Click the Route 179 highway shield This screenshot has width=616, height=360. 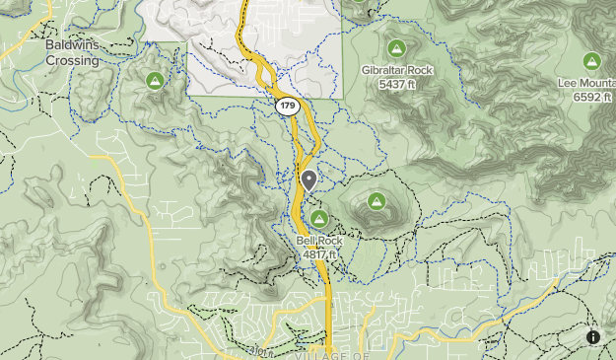pyautogui.click(x=287, y=106)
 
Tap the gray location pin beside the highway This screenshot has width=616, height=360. pyautogui.click(x=309, y=180)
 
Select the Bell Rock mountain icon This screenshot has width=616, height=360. pyautogui.click(x=318, y=218)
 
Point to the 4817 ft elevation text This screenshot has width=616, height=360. pyautogui.click(x=319, y=253)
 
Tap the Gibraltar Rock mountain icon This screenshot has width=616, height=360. pyautogui.click(x=396, y=48)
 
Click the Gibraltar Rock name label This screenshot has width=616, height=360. pyautogui.click(x=396, y=71)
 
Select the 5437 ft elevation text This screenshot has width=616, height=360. pyautogui.click(x=396, y=85)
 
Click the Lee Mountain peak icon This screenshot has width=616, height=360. pyautogui.click(x=591, y=60)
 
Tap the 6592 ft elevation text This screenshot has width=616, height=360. pyautogui.click(x=591, y=98)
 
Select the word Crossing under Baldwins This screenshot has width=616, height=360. pyautogui.click(x=72, y=60)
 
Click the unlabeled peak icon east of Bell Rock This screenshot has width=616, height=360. pyautogui.click(x=376, y=201)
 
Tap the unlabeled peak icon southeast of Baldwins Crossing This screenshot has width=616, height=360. pyautogui.click(x=154, y=80)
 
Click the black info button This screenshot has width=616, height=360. pyautogui.click(x=593, y=337)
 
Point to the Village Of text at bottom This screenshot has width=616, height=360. pyautogui.click(x=331, y=354)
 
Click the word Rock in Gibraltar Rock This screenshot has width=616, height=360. pyautogui.click(x=416, y=71)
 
